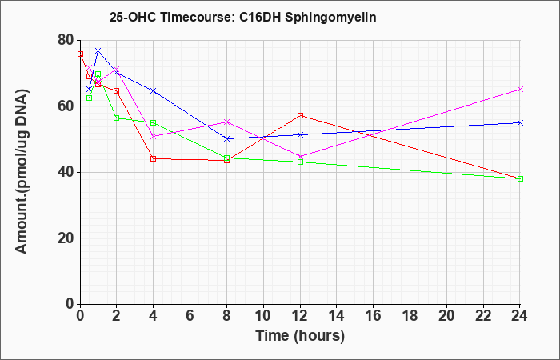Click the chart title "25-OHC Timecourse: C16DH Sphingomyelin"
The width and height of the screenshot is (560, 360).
click(243, 17)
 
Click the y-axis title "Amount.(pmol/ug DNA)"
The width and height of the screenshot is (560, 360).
click(22, 172)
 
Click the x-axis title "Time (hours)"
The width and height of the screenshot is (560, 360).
click(300, 336)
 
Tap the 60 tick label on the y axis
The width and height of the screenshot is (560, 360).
click(66, 106)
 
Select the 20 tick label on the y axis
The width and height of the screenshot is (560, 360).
click(66, 238)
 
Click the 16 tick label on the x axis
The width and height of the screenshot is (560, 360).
click(374, 316)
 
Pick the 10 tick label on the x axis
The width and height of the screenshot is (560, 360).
click(263, 316)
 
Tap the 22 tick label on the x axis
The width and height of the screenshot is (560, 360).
click(483, 316)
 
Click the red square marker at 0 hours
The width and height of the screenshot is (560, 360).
click(80, 54)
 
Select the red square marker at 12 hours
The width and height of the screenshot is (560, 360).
click(300, 115)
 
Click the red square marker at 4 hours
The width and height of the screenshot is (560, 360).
click(154, 158)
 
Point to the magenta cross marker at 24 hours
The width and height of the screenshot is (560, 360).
click(520, 90)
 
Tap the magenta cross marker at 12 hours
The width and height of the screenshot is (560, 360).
click(300, 156)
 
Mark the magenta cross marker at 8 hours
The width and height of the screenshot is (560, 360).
click(226, 122)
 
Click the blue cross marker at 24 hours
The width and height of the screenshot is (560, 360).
click(520, 123)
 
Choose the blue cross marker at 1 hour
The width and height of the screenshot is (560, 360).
click(98, 50)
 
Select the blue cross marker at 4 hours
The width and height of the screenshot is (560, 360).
click(154, 90)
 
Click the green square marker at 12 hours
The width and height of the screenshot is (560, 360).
click(300, 162)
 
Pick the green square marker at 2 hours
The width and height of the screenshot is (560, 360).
click(117, 118)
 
